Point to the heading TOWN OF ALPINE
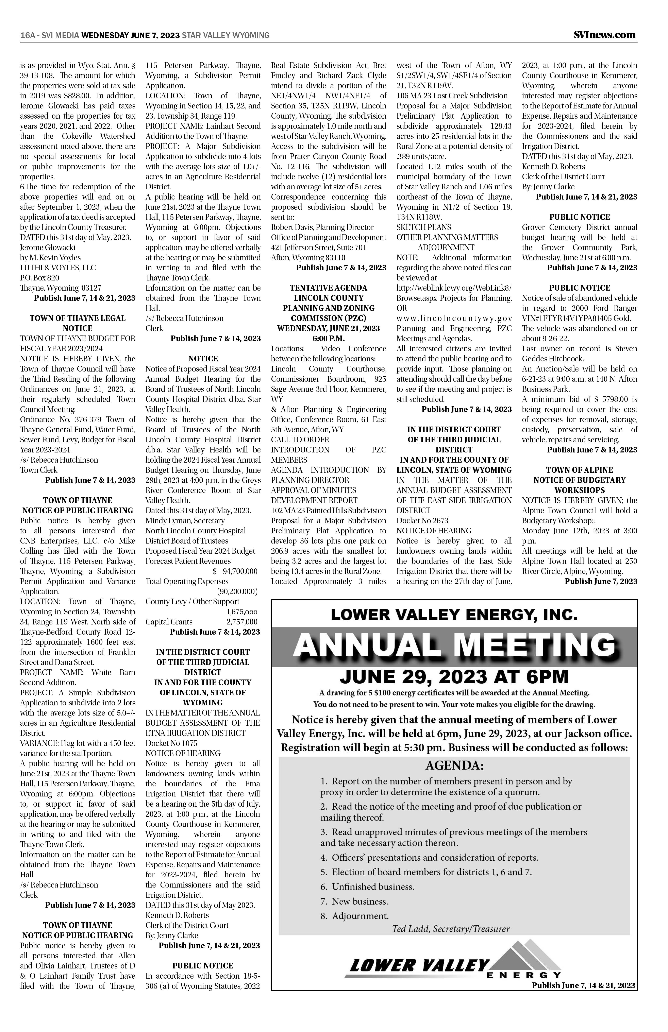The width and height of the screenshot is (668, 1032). (580, 470)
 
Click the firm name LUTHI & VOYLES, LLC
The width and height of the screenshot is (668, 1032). (58, 268)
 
